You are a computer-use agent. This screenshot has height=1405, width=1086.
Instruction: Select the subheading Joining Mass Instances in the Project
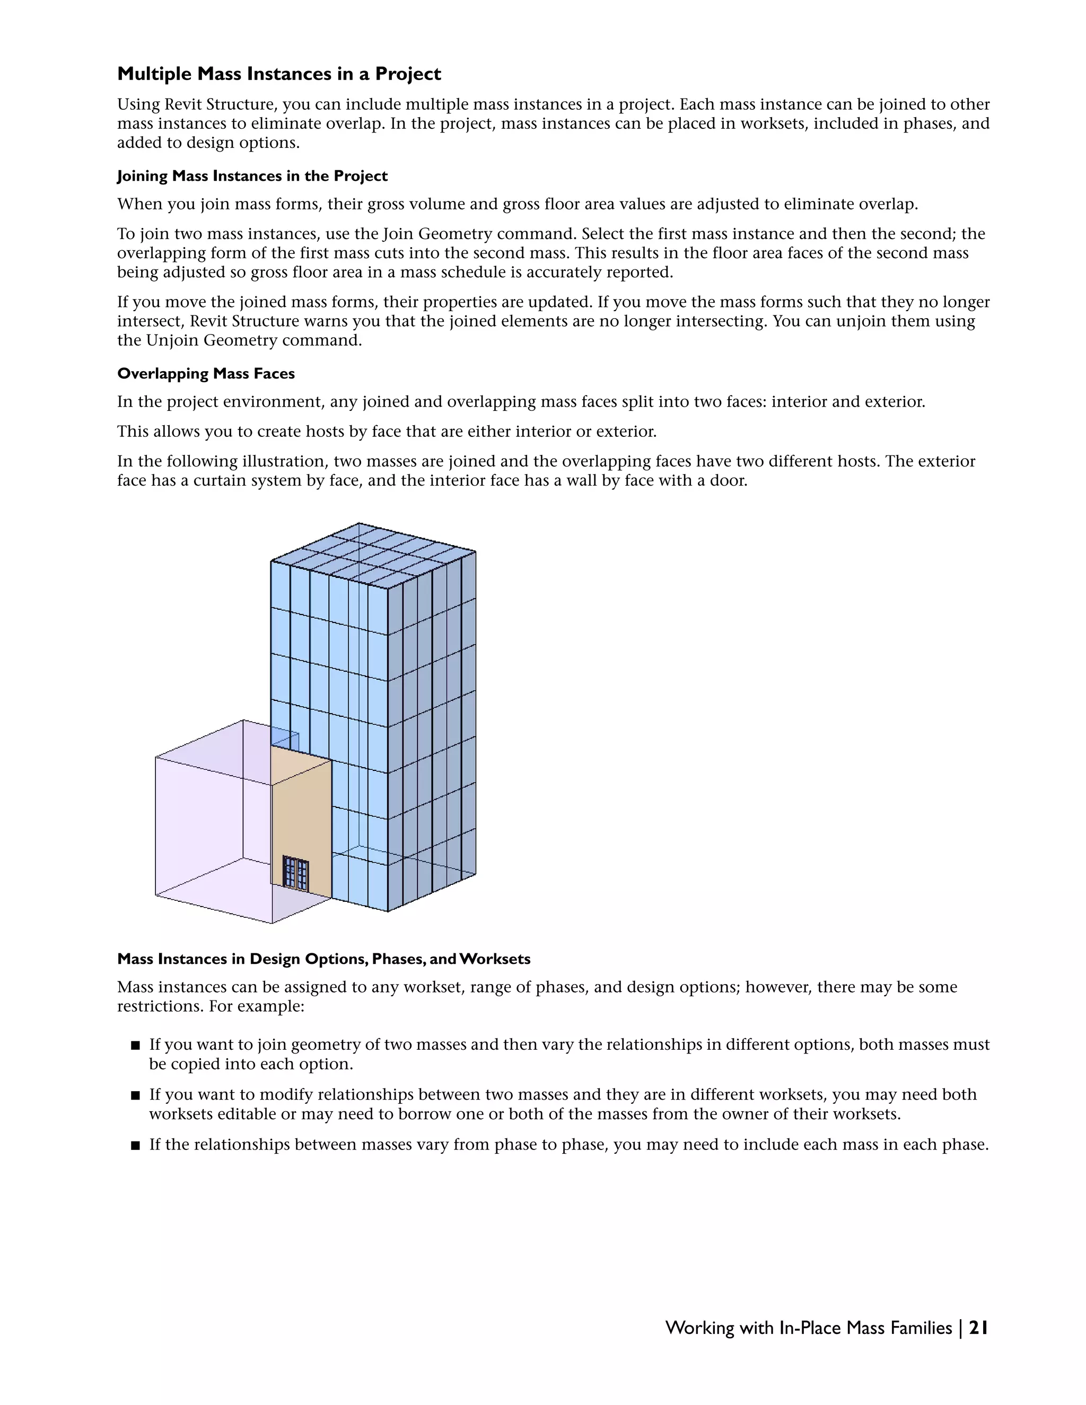click(x=252, y=176)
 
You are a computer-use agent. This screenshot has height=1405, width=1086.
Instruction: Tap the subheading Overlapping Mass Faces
click(x=206, y=374)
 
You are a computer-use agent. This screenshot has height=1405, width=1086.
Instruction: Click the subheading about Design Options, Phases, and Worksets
click(x=323, y=959)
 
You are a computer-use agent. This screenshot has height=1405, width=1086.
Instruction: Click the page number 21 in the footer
click(x=978, y=1328)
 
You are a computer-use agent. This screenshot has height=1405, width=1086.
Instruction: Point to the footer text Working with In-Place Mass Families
click(x=808, y=1328)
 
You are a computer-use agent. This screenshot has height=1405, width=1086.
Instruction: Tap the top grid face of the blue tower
click(x=373, y=555)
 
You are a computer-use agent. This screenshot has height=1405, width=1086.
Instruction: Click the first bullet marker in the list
click(x=135, y=1046)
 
